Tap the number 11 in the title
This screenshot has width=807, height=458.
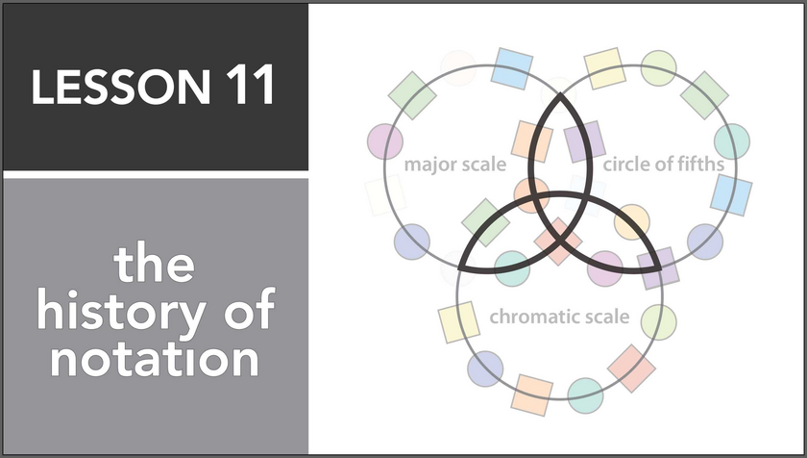pyautogui.click(x=250, y=88)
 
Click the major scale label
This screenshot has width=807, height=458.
pyautogui.click(x=454, y=165)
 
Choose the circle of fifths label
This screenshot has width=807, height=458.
pyautogui.click(x=663, y=165)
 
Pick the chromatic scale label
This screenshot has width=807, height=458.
pyautogui.click(x=559, y=316)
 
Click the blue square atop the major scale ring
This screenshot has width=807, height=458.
pyautogui.click(x=512, y=67)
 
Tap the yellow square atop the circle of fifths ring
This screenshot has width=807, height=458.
pyautogui.click(x=606, y=67)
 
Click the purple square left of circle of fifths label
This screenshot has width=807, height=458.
pyautogui.click(x=583, y=141)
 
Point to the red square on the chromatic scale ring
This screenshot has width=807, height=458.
pyautogui.click(x=632, y=368)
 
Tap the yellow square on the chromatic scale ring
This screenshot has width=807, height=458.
pyautogui.click(x=459, y=321)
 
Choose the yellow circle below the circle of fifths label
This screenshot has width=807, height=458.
pyautogui.click(x=631, y=222)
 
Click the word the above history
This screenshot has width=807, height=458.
pyautogui.click(x=154, y=265)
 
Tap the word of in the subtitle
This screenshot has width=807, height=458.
pyautogui.click(x=248, y=314)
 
